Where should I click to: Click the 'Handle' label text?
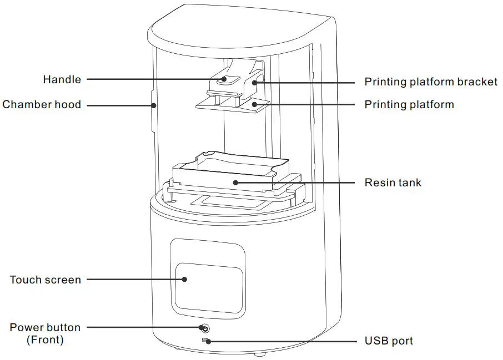pyautogui.click(x=62, y=80)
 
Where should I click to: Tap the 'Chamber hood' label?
pyautogui.click(x=42, y=104)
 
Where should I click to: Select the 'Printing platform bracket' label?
pyautogui.click(x=431, y=82)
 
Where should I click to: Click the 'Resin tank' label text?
pyautogui.click(x=393, y=182)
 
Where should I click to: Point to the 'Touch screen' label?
pyautogui.click(x=46, y=280)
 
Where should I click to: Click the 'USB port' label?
pyautogui.click(x=389, y=341)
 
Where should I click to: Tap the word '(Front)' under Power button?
pyautogui.click(x=45, y=339)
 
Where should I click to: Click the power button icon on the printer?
pyautogui.click(x=205, y=328)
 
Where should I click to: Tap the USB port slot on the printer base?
pyautogui.click(x=205, y=339)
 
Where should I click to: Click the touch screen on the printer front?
pyautogui.click(x=209, y=287)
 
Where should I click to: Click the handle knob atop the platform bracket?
pyautogui.click(x=224, y=79)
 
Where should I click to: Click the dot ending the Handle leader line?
pyautogui.click(x=224, y=79)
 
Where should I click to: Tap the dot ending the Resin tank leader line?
pyautogui.click(x=235, y=182)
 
